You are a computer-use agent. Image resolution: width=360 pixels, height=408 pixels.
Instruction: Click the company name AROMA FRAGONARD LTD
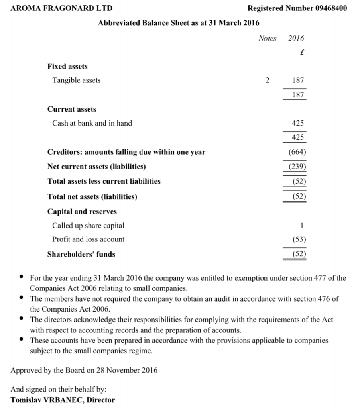coord(61,8)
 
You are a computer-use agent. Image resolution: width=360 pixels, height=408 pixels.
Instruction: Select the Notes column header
coord(267,39)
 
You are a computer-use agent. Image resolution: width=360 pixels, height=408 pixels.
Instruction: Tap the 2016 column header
coord(296,39)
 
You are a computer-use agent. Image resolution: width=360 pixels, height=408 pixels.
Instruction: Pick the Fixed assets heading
coord(67,66)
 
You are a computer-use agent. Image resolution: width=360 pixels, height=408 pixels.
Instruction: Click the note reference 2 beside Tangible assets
coord(267,80)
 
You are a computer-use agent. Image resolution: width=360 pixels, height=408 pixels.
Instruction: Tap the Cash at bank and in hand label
coord(92,123)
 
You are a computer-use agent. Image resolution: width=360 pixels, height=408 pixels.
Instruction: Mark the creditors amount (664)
coord(297,152)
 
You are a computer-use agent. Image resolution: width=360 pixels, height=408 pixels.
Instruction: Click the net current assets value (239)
coord(297,166)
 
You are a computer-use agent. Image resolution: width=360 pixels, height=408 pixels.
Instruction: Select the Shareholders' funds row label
coord(81,254)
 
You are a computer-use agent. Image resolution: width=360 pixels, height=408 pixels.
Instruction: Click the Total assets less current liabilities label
coord(104,181)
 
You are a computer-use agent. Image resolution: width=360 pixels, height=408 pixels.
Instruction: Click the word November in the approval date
coord(122,370)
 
